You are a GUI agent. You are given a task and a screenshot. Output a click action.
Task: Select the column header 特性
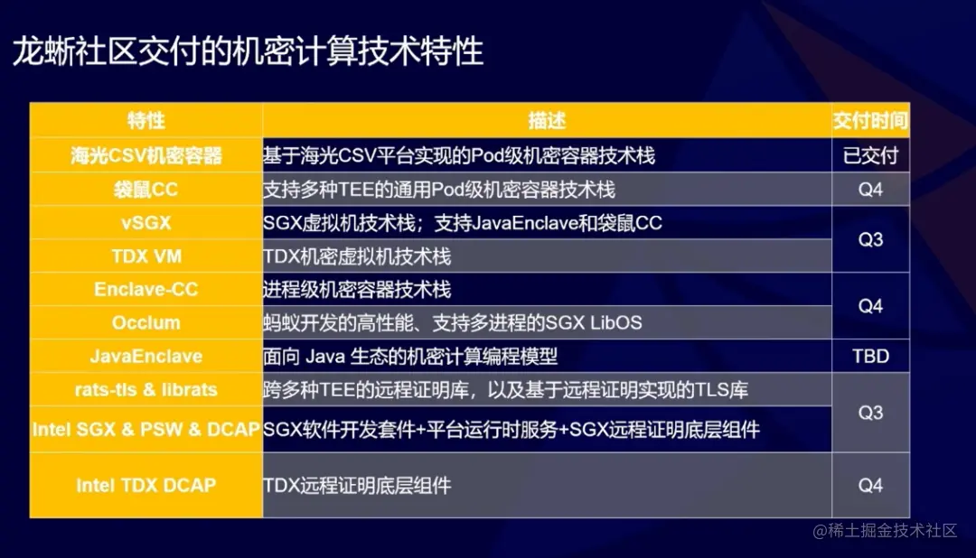[x=145, y=120]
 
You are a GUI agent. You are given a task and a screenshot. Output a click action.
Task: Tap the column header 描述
[x=547, y=120]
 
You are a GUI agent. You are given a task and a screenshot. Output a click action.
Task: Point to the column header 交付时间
[x=870, y=120]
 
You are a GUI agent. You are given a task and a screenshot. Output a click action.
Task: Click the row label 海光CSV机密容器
[x=145, y=155]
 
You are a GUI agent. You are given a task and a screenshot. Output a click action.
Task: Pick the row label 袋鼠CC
[x=145, y=190]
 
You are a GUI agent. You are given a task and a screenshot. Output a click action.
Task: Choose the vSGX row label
[x=145, y=223]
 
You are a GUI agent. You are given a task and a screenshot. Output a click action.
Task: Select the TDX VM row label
[x=145, y=256]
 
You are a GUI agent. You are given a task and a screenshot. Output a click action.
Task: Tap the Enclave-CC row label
[x=145, y=290]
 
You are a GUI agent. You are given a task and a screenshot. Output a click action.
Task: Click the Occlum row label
[x=145, y=322]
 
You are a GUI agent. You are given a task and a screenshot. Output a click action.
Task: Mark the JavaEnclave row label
[x=145, y=356]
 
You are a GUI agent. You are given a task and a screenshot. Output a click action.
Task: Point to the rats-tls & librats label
[x=145, y=390]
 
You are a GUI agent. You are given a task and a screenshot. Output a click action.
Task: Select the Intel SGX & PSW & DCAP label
[x=145, y=430]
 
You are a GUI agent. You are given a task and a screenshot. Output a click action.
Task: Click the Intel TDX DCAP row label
[x=145, y=485]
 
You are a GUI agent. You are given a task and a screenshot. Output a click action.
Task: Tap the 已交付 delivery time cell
[x=870, y=155]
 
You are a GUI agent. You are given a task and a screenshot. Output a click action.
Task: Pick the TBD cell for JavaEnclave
[x=870, y=356]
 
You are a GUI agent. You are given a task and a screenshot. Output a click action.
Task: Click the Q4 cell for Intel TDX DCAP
[x=870, y=485]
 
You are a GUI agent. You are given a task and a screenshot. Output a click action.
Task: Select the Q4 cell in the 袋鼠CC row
[x=870, y=190]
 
